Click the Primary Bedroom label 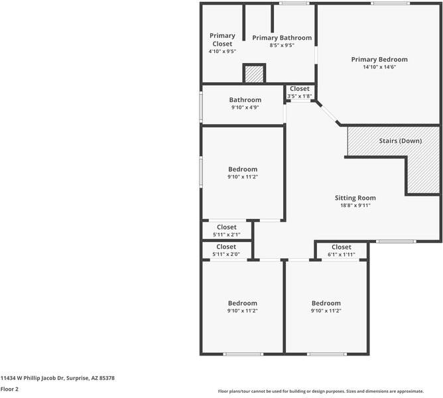coord(379,59)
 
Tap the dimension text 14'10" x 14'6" coord(379,67)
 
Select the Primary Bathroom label coord(282,38)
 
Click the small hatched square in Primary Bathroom coord(254,74)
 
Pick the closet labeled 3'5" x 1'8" coord(299,92)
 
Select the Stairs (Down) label coord(401,141)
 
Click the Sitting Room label coord(355,198)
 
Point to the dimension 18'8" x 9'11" coord(355,206)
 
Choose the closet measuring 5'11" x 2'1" coord(226,231)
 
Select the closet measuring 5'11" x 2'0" coord(226,250)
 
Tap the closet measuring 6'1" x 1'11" coord(341,250)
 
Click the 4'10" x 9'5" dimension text coord(222,51)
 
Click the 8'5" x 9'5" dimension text coord(282,46)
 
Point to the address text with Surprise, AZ coord(58,377)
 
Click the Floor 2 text coord(9,389)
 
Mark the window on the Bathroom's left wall coord(202,105)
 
